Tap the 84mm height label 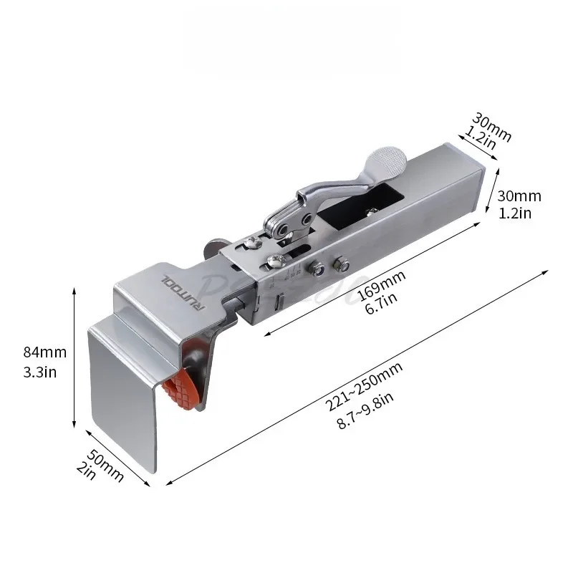(45, 352)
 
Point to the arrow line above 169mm (372, 279)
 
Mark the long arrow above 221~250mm (358, 376)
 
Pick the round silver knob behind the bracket (211, 248)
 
